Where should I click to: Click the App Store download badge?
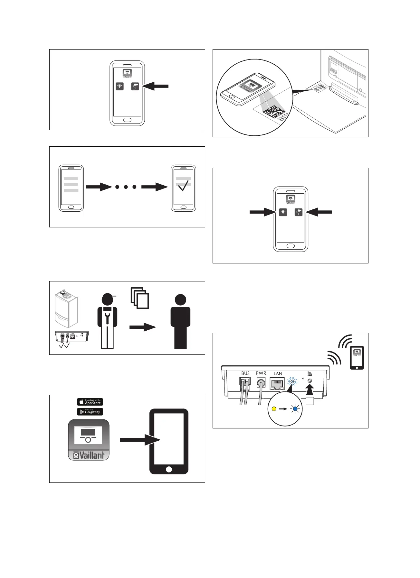click(x=90, y=402)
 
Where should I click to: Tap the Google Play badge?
click(x=90, y=412)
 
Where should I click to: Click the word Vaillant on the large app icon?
click(x=89, y=455)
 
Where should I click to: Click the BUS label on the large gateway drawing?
click(x=245, y=373)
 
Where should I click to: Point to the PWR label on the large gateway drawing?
click(x=261, y=373)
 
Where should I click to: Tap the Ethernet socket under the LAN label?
click(x=277, y=383)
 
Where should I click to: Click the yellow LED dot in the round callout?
click(x=274, y=409)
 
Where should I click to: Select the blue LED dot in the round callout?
click(x=295, y=409)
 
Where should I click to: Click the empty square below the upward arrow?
click(x=310, y=401)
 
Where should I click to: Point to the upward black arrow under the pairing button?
click(x=310, y=390)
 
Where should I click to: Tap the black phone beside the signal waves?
click(x=357, y=357)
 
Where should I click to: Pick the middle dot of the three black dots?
click(x=126, y=187)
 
